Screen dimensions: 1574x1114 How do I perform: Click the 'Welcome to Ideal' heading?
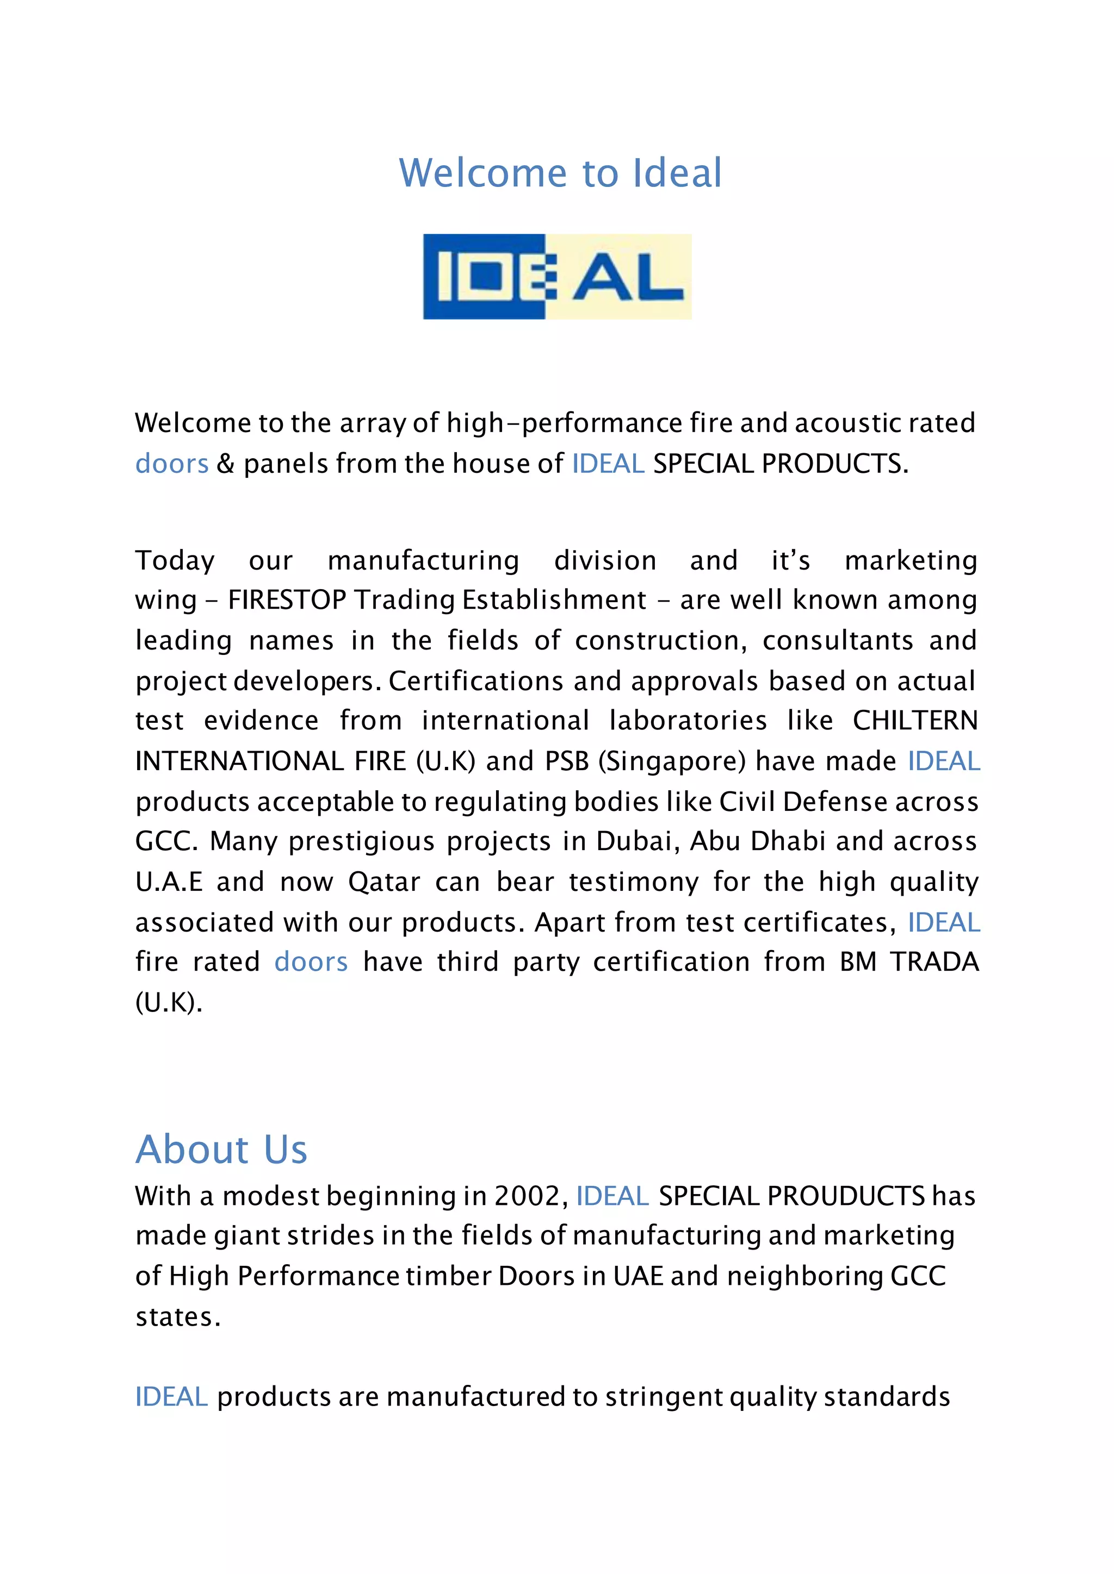click(x=560, y=173)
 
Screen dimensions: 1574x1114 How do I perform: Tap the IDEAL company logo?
click(x=557, y=277)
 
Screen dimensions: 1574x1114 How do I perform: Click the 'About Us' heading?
click(x=221, y=1150)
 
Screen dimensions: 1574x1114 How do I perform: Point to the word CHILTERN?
click(x=915, y=721)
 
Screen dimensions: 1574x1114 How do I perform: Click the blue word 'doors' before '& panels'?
click(x=171, y=464)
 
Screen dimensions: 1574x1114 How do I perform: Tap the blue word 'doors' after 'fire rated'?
click(x=311, y=962)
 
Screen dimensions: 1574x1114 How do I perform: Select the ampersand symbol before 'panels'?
click(x=226, y=464)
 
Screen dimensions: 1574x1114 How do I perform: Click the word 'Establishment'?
click(x=554, y=600)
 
